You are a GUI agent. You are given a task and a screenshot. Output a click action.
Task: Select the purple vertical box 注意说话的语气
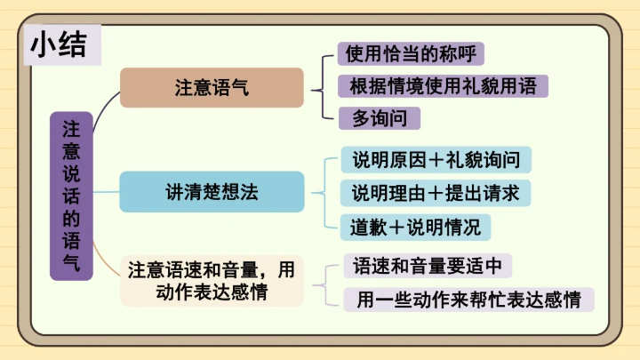click(71, 196)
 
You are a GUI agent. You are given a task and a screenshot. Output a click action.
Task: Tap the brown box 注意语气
click(212, 88)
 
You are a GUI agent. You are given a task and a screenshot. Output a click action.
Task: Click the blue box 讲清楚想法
click(212, 192)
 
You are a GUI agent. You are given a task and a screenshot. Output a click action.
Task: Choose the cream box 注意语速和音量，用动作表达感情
click(212, 280)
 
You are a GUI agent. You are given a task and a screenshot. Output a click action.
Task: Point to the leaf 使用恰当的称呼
click(411, 53)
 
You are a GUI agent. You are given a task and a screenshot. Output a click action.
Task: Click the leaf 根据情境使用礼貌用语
click(442, 86)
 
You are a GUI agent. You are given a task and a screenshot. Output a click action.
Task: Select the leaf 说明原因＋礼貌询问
click(436, 160)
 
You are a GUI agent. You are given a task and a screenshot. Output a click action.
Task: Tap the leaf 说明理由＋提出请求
click(436, 193)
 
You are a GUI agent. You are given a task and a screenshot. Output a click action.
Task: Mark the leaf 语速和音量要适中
click(427, 266)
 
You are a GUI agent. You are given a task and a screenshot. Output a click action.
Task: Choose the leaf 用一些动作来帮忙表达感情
click(468, 300)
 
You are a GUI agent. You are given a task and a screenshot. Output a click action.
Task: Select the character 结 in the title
click(76, 44)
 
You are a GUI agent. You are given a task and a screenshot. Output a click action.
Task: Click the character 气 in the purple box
click(71, 262)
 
